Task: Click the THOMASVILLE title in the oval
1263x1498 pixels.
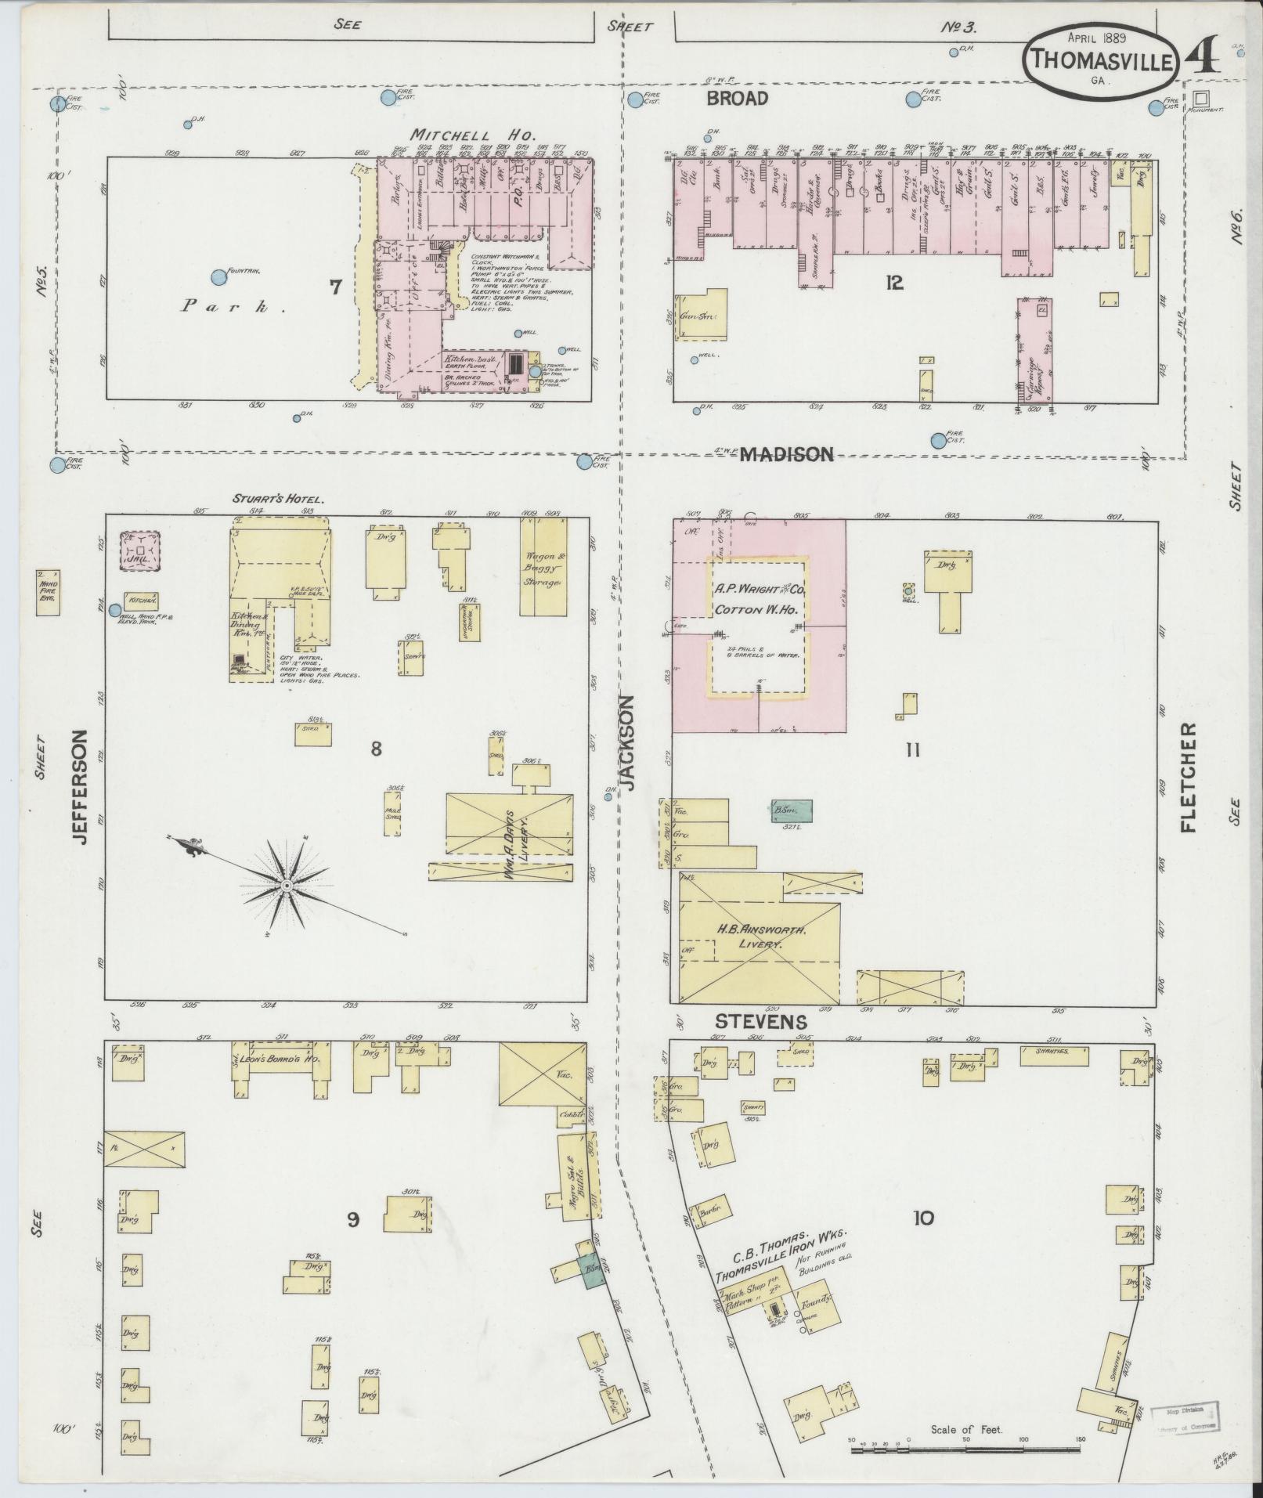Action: pos(1101,60)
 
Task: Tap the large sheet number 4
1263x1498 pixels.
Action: pos(1201,56)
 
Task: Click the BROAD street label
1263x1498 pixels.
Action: pos(737,99)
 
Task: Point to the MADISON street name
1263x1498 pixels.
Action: pos(786,454)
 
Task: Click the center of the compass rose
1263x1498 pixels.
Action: pos(287,885)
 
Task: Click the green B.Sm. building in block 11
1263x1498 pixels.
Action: pos(792,810)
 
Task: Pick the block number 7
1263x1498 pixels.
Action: pos(335,287)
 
